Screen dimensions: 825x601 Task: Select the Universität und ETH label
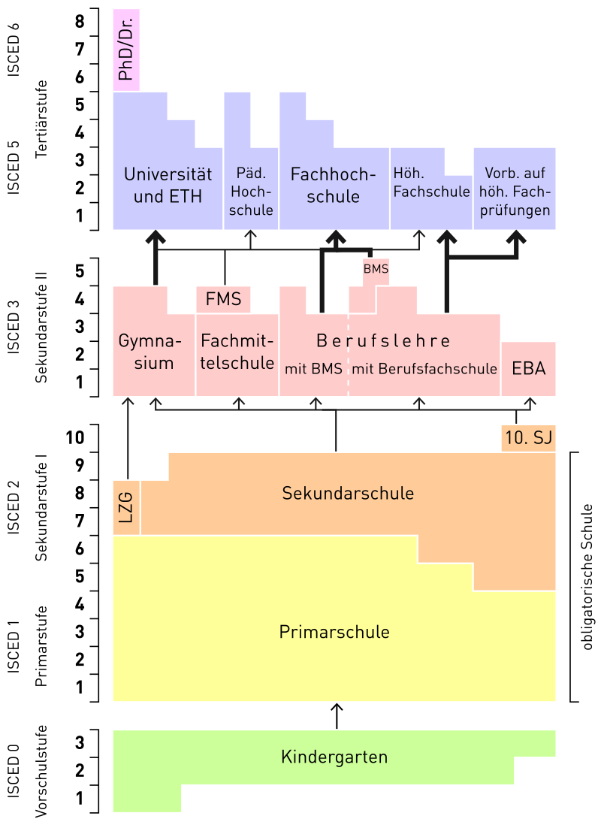168,186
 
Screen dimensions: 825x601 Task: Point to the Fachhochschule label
333,186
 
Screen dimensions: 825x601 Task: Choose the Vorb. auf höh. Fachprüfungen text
515,191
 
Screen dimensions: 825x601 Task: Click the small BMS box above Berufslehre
376,268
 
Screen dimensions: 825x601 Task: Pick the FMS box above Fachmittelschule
223,299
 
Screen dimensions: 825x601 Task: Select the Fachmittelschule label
237,352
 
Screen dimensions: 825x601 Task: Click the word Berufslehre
383,341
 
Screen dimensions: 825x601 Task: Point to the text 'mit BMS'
313,369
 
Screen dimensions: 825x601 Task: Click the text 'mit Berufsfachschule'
424,369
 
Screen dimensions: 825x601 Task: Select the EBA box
529,369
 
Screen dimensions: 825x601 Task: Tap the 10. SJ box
528,439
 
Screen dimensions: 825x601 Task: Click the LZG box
126,507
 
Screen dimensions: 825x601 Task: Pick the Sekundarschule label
348,494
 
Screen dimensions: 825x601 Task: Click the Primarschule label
334,632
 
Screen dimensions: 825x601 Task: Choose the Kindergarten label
334,757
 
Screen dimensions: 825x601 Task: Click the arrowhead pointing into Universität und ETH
156,237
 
